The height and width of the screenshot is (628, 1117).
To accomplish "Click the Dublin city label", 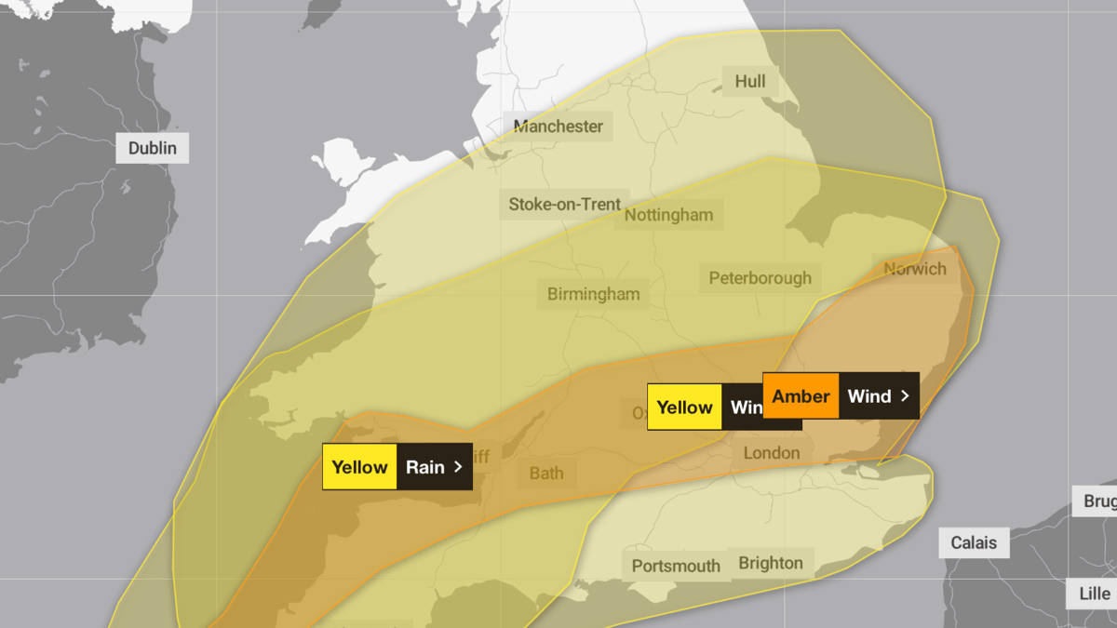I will [x=152, y=148].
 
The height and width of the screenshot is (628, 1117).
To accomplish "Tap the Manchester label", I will [x=558, y=127].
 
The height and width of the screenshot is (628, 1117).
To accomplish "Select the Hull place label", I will [x=750, y=81].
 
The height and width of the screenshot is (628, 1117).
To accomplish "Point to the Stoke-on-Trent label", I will [x=564, y=204].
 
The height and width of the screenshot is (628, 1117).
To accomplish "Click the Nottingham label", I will [x=668, y=215].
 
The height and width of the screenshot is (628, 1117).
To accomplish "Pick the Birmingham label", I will [x=593, y=294].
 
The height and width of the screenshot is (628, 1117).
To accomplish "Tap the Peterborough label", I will [x=760, y=277].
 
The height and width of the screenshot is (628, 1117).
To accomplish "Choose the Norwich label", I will [x=914, y=269].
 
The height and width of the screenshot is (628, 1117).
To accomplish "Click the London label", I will [x=771, y=453].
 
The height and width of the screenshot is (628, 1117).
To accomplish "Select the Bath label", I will [x=546, y=473].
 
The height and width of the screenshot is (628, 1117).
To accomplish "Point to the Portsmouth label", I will [x=676, y=566].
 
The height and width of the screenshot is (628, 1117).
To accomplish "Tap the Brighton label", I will [x=770, y=563].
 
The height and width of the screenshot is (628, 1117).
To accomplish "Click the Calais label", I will [x=974, y=542].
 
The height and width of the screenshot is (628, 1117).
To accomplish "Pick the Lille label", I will [x=1094, y=594].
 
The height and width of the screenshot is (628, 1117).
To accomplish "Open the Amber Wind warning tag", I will [x=841, y=396].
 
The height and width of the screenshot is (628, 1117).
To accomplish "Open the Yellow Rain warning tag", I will [x=397, y=467].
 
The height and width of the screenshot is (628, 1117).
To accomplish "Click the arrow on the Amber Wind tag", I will [x=904, y=396].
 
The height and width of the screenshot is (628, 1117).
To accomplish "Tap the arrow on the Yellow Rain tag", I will [x=457, y=467].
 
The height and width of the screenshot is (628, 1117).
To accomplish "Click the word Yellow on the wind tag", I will [x=684, y=408].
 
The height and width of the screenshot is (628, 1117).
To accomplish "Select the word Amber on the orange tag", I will [x=801, y=396].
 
